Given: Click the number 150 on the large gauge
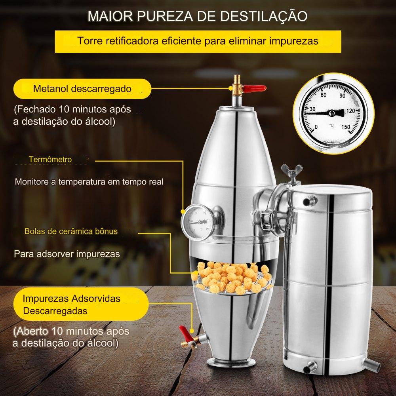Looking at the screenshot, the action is click(x=346, y=127).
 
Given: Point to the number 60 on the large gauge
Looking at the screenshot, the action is click(x=323, y=95).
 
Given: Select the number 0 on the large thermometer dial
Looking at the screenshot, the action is click(x=316, y=127).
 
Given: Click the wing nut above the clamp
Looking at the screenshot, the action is click(x=292, y=171).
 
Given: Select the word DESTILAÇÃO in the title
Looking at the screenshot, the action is click(x=264, y=16).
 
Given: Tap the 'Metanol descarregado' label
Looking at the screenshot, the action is click(x=82, y=89).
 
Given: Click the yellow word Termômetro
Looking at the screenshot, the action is click(x=50, y=159).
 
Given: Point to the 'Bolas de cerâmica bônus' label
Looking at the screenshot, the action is click(x=71, y=231).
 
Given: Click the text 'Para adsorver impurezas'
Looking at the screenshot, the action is click(x=67, y=254).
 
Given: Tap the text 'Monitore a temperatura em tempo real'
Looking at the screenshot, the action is click(x=89, y=182).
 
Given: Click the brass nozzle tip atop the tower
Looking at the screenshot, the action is click(x=237, y=78).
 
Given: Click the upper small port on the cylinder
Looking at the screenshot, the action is click(x=308, y=201).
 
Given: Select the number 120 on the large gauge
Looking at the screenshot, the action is click(x=351, y=111).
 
